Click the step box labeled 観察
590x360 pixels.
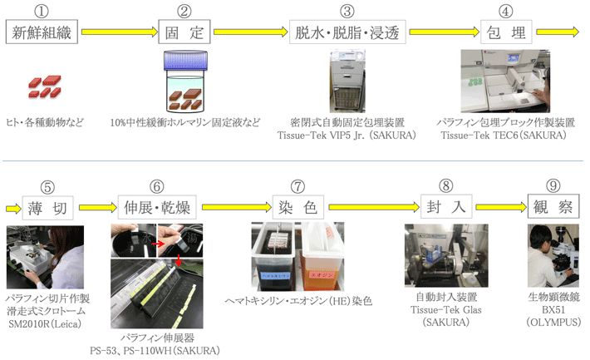pos(552,204)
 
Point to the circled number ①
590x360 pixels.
pos(40,11)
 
